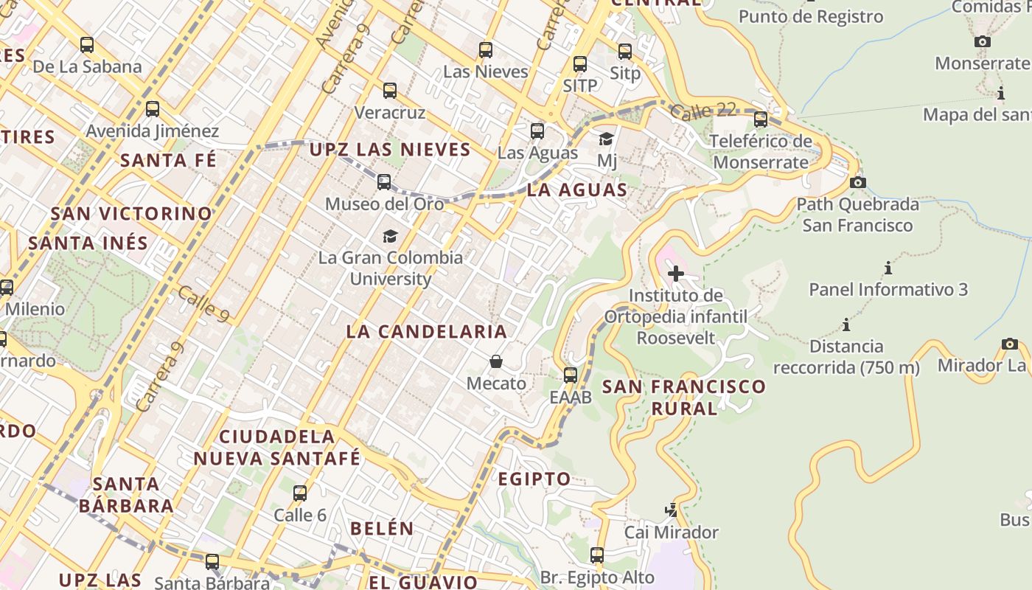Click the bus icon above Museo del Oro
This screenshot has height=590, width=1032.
tap(384, 181)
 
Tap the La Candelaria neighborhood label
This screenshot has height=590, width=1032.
tap(427, 331)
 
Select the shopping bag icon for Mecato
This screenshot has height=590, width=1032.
tap(496, 361)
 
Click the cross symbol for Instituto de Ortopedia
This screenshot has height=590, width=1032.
tap(675, 274)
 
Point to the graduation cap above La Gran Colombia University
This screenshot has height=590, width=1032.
tap(390, 236)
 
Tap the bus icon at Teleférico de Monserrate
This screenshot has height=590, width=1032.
tap(761, 119)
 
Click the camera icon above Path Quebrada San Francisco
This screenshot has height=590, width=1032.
tap(857, 182)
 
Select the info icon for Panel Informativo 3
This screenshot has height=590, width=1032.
tap(888, 268)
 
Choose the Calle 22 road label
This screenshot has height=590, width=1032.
tap(703, 111)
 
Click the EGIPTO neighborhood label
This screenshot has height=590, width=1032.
tap(534, 479)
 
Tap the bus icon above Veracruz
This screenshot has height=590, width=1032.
tap(390, 91)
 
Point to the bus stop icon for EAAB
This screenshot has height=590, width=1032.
tap(571, 375)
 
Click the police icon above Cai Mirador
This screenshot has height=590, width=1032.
tap(671, 510)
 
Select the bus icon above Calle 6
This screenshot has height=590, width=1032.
tap(300, 493)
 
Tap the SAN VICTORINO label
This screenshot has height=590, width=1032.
tap(131, 214)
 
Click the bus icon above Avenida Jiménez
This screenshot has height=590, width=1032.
tap(153, 109)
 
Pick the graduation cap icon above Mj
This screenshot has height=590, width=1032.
tap(606, 139)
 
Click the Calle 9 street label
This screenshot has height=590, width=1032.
tap(203, 303)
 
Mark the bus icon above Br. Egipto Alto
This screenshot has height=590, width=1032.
tap(597, 555)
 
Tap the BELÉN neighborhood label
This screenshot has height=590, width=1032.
tap(382, 528)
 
